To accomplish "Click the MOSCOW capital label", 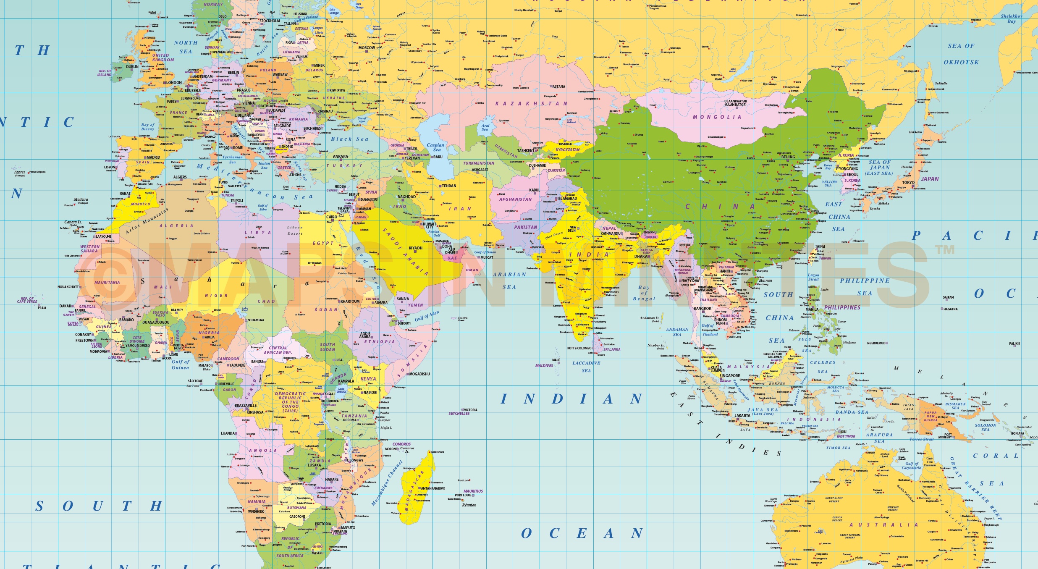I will pos(366,48).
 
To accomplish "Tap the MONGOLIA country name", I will pos(717,117).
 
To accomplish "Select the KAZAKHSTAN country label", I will pos(531,104).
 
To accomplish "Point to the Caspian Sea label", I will pos(435,147).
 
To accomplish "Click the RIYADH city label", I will pos(415,248).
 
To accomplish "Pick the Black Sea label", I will pos(349,139).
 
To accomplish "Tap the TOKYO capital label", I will pos(908,183).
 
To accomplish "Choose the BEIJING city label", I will pos(788,157).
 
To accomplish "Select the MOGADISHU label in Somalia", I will pos(419,374).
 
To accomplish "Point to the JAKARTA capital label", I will pos(742,415).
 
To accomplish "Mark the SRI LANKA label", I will pos(612,349).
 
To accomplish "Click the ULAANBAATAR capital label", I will pos(736,103).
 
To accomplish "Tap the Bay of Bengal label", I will pos(644,293).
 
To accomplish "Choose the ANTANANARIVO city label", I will pos(432,488).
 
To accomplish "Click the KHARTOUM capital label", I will pos(350,302).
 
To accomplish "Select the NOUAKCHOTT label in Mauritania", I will pos(68,287).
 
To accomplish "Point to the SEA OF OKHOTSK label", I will pos(961,54).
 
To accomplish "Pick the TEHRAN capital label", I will pos(449,186).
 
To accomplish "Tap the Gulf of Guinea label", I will pos(180,364).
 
